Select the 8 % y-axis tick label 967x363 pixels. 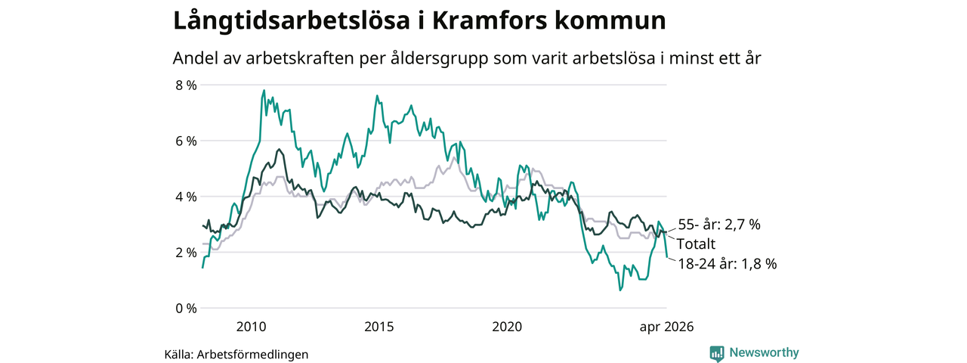click(186, 85)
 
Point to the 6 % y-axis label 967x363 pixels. click(186, 141)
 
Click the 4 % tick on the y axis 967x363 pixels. click(186, 197)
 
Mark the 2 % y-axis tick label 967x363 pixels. click(186, 253)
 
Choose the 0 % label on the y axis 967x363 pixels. click(186, 308)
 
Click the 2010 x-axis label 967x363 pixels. click(252, 327)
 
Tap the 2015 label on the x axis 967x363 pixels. click(379, 327)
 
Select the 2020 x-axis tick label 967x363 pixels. click(507, 327)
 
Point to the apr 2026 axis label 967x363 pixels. click(666, 327)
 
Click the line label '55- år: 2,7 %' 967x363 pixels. click(719, 225)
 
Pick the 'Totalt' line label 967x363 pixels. click(696, 244)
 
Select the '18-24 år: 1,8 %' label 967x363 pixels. click(728, 264)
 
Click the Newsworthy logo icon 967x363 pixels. click(717, 353)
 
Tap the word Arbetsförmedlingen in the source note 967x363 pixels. click(252, 355)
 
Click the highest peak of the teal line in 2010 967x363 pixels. click(264, 90)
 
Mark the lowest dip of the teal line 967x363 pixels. click(620, 290)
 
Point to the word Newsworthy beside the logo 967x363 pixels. click(764, 352)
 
